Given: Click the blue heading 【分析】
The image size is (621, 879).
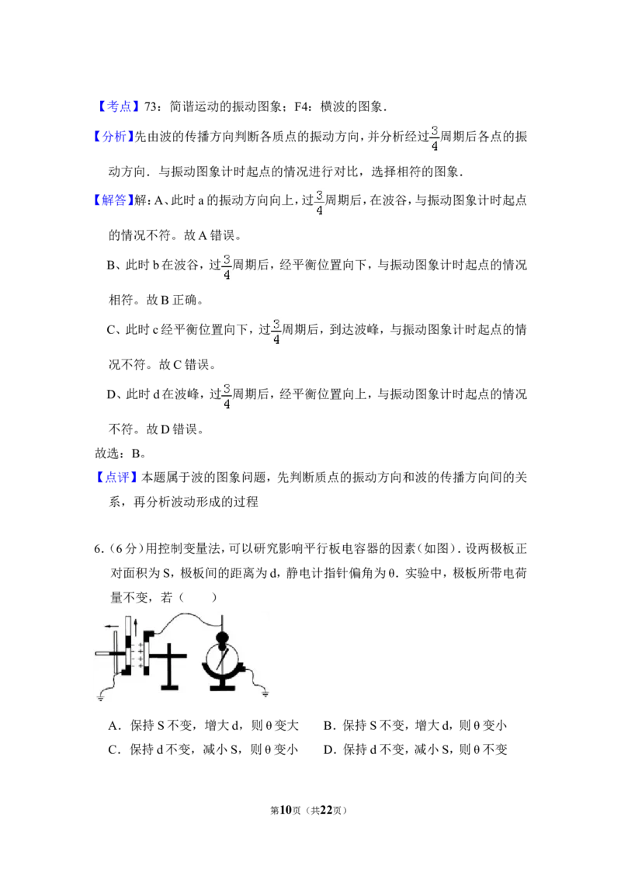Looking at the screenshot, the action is click(113, 136).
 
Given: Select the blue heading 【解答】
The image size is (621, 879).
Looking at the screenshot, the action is click(113, 200).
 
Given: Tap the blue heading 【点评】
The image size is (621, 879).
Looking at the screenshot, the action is click(116, 478).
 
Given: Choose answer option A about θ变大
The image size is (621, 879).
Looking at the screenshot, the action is click(203, 725).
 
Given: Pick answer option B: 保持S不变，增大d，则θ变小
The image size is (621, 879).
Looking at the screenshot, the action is click(415, 725).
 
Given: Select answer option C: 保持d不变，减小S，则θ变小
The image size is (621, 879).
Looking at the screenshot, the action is click(203, 749).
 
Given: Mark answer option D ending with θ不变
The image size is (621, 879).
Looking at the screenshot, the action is click(415, 749).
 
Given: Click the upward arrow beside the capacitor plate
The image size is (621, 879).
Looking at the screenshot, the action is click(135, 627).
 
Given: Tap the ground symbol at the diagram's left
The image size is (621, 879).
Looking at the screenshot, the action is click(101, 697).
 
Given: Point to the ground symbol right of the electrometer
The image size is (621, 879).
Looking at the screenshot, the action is click(265, 694).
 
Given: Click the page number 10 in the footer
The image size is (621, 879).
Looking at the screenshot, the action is click(286, 810).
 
